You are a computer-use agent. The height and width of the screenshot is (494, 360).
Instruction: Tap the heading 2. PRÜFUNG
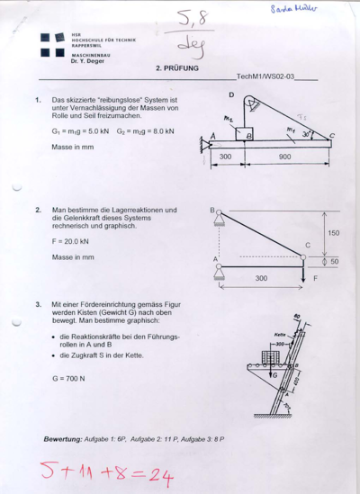(177, 68)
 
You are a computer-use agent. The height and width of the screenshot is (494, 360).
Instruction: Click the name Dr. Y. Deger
(87, 61)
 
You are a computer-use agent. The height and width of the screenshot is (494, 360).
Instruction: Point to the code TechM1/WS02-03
(266, 78)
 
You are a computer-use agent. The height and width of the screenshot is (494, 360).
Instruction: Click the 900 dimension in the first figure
(285, 157)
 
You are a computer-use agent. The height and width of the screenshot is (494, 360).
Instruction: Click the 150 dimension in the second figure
(333, 233)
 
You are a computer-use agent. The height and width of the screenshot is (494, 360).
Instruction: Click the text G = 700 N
(68, 378)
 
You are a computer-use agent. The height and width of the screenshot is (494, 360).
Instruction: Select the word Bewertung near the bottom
(63, 438)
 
